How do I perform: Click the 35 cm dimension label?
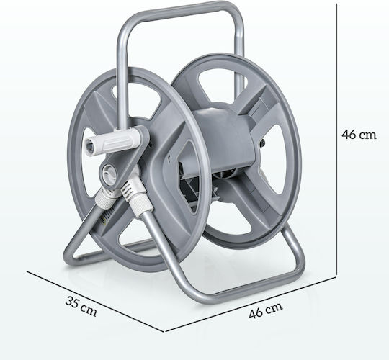click(x=81, y=307)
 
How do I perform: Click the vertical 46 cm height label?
click(x=359, y=135)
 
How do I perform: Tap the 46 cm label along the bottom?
click(x=265, y=310)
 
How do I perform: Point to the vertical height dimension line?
click(x=336, y=139)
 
